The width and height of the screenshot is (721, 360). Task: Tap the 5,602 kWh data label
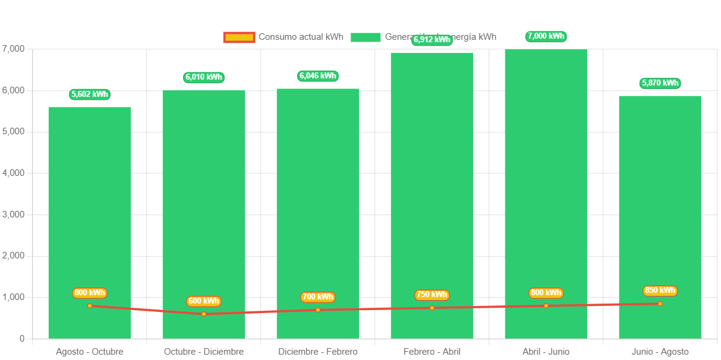(x=90, y=94)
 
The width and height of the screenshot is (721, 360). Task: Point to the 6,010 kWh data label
(x=204, y=77)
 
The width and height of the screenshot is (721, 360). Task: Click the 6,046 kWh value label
(x=318, y=75)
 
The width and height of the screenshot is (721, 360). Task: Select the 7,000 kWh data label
(x=546, y=36)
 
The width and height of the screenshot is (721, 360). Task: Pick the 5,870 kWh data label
(x=660, y=83)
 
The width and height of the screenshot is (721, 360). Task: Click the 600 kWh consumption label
(x=204, y=301)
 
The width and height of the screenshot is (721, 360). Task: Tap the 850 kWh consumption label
(x=660, y=290)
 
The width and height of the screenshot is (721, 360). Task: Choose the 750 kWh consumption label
(x=432, y=295)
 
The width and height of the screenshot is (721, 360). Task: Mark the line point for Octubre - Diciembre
(x=204, y=314)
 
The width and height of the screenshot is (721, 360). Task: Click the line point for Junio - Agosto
(x=660, y=304)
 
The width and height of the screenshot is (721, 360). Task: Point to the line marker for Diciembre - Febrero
(x=318, y=310)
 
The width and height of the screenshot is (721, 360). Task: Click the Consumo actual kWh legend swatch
(x=239, y=37)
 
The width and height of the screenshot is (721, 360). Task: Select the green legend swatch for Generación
(x=366, y=37)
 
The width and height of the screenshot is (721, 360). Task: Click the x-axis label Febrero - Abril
(x=432, y=352)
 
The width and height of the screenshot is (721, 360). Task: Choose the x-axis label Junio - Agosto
(x=660, y=352)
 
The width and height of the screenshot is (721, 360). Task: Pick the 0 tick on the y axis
(x=22, y=338)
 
